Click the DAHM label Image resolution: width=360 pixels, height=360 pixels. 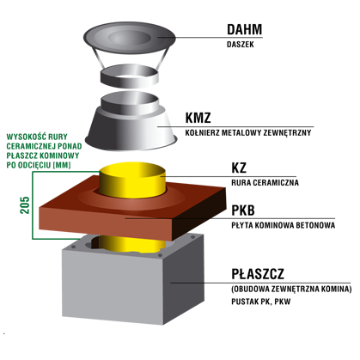click(244, 29)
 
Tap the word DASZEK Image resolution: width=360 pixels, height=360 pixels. click(241, 45)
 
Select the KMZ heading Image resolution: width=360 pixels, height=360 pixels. click(198, 118)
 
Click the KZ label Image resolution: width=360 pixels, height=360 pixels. click(239, 168)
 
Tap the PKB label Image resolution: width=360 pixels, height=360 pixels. click(243, 211)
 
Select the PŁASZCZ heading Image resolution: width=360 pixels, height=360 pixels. click(258, 274)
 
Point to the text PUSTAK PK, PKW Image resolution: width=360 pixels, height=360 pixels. click(261, 302)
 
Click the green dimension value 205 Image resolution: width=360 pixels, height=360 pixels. click(25, 205)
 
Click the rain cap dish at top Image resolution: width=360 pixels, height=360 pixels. click(130, 38)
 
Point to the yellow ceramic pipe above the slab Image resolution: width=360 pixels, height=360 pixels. click(132, 180)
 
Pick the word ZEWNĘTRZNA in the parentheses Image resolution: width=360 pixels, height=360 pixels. click(292, 289)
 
